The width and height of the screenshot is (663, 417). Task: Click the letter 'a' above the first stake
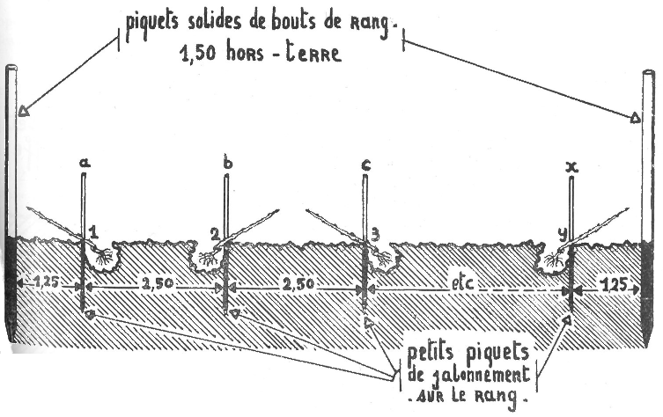click(85, 163)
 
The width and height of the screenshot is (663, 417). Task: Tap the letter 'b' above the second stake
click(228, 163)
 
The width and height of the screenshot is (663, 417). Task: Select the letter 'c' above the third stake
click(365, 163)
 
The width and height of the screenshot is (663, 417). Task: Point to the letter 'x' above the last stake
click(573, 165)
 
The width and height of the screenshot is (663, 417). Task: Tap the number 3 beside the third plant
click(375, 233)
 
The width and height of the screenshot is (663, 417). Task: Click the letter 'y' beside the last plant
click(561, 233)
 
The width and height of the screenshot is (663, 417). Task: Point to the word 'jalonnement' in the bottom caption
click(468, 377)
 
